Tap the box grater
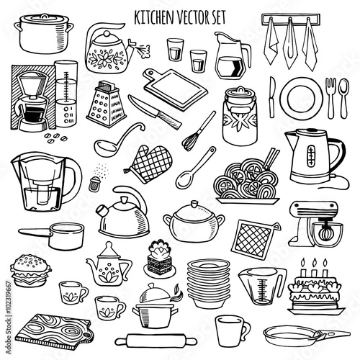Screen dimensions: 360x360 coord(107,104)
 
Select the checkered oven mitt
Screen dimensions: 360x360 coord(149,163)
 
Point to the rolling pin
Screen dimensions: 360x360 coord(156,340)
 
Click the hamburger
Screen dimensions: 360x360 coord(30,271)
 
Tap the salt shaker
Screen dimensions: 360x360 coord(94,184)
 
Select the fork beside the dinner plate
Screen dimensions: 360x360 coord(330,98)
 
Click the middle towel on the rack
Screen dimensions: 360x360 coord(289,45)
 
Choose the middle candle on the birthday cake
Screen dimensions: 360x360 coord(314,268)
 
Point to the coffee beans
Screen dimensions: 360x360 coord(55,138)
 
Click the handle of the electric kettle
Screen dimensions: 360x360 coord(337,156)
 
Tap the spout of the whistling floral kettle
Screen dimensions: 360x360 coord(131,47)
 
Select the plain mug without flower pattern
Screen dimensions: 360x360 coord(233,330)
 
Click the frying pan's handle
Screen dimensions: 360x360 coord(334,334)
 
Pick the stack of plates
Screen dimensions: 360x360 coord(209,284)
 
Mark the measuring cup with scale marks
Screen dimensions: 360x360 coord(262,285)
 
